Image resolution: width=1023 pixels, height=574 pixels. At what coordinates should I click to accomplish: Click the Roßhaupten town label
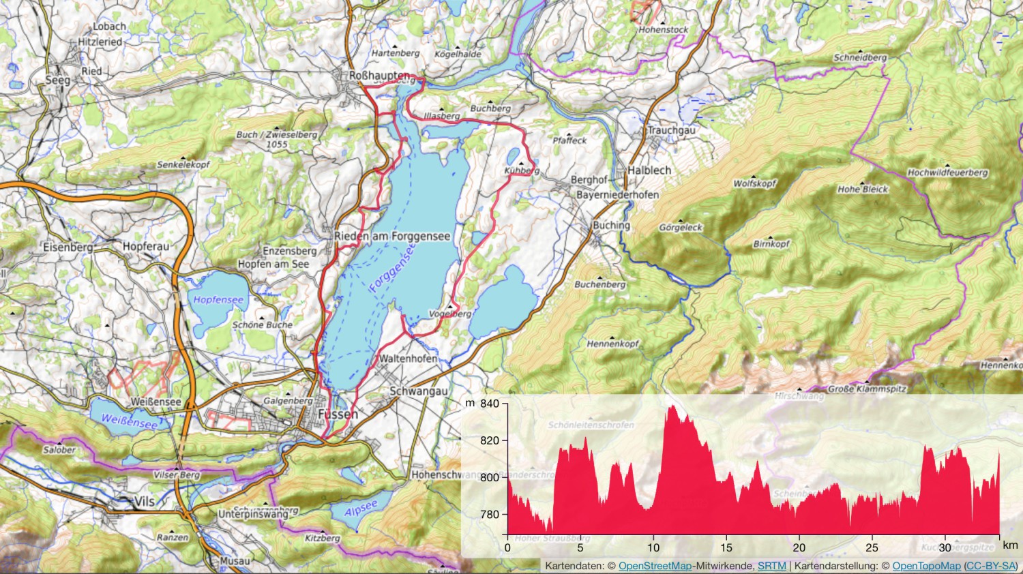[x=379, y=76]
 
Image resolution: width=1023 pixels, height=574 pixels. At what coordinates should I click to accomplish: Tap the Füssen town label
[x=338, y=414]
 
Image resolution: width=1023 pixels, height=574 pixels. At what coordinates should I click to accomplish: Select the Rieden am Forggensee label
[x=392, y=236]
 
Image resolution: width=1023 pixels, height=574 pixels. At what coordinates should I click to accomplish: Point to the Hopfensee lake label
[x=218, y=299]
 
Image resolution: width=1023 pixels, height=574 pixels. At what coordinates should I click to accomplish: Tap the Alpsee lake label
[x=361, y=509]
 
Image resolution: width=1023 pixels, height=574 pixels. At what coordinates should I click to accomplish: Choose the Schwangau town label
[x=419, y=391]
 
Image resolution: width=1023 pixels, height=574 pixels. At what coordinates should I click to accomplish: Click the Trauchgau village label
[x=672, y=130]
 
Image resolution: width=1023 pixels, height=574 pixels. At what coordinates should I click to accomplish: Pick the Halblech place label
[x=649, y=170]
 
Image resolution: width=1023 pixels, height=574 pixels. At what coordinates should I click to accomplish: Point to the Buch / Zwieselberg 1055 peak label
[x=277, y=139]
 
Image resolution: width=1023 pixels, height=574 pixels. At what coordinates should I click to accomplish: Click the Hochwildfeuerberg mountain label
[x=947, y=172]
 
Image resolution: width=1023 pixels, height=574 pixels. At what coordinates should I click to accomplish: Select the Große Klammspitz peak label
[x=867, y=389]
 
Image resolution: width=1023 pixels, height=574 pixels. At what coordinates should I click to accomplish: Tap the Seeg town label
[x=58, y=80]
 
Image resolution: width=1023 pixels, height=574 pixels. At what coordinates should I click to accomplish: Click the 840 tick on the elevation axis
[x=489, y=404]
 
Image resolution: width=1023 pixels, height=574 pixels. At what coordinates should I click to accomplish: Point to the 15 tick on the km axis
[x=726, y=547]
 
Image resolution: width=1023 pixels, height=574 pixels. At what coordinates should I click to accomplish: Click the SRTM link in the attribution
[x=771, y=567]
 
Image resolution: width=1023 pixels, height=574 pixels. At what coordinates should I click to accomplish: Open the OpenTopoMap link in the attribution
[x=926, y=567]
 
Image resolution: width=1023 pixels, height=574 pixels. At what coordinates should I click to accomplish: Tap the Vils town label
[x=145, y=502]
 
